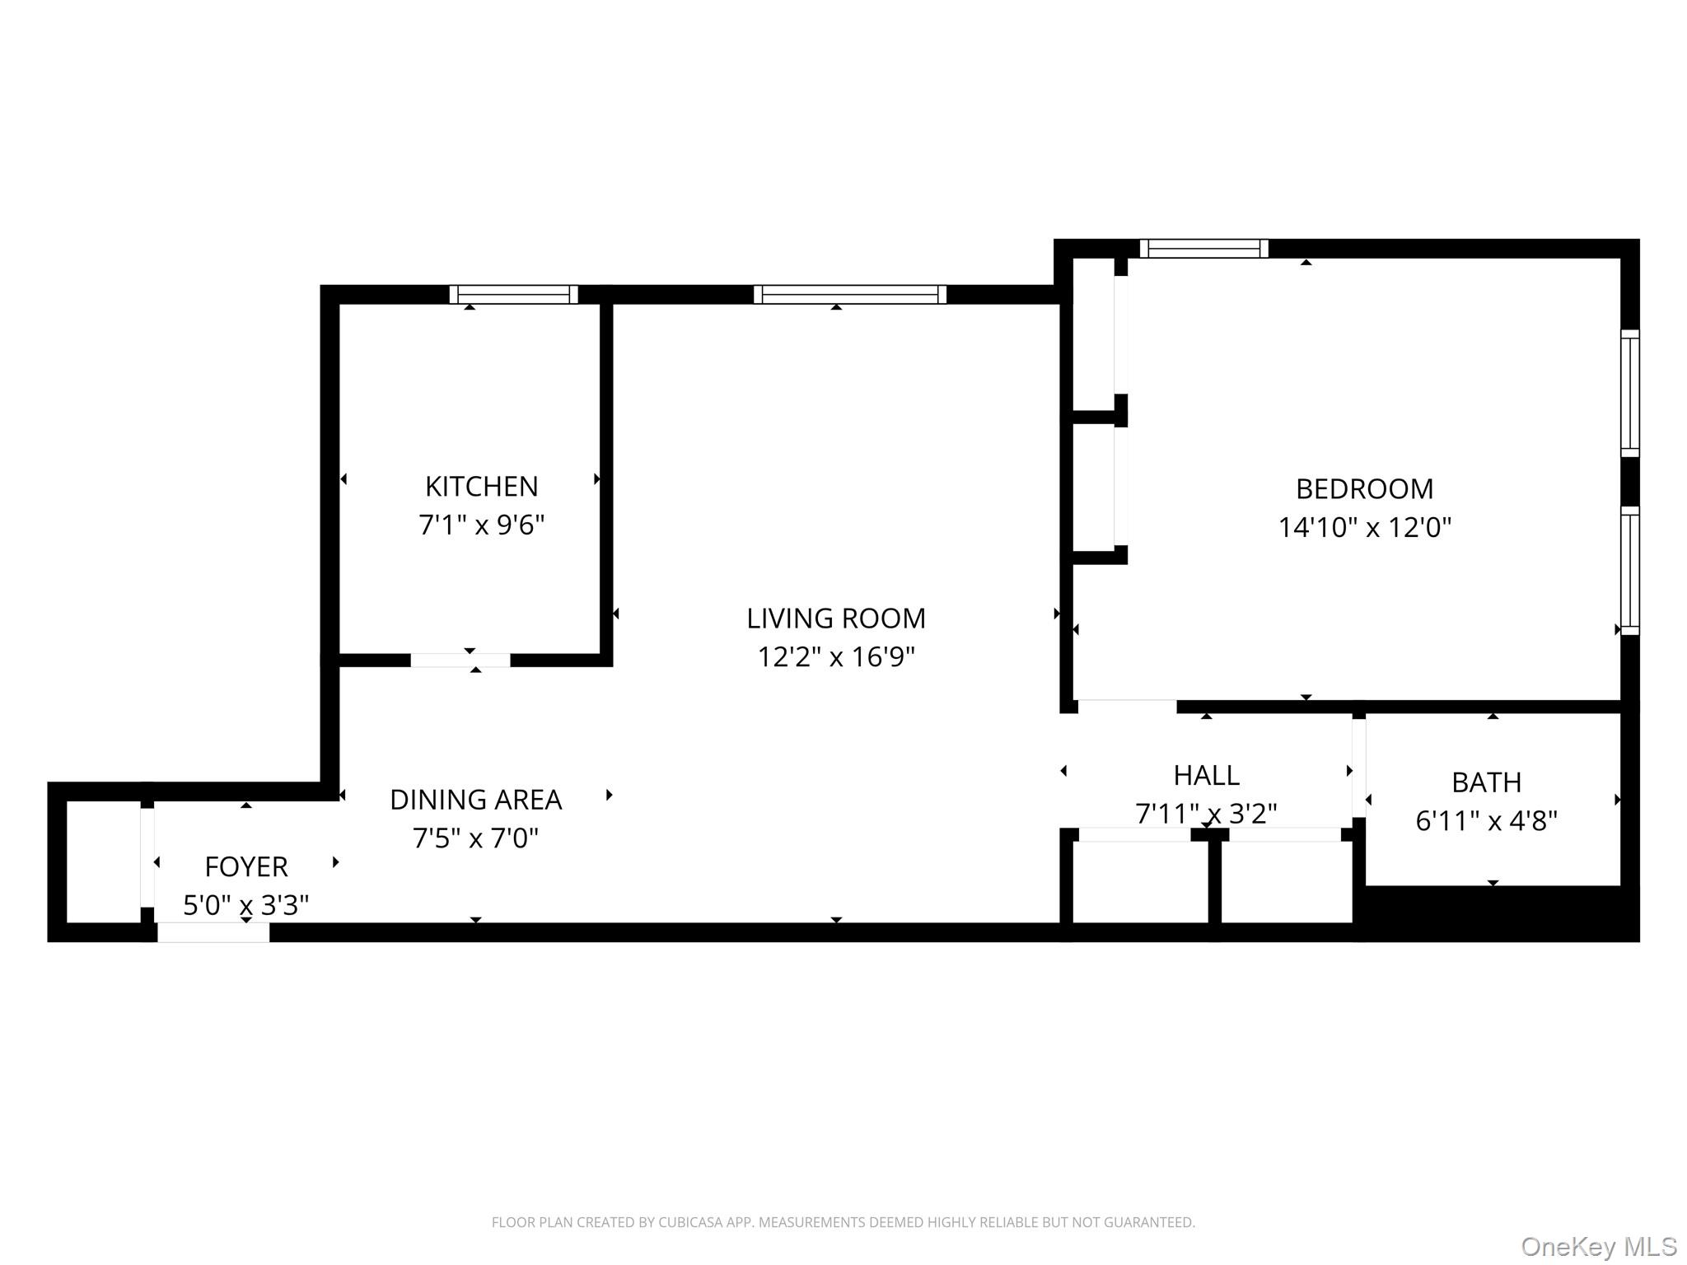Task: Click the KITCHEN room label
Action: click(x=481, y=487)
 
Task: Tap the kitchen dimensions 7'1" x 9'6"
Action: click(x=481, y=525)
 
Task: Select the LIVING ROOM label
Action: click(x=835, y=618)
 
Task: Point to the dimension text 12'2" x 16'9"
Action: click(x=835, y=657)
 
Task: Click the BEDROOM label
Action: click(x=1364, y=489)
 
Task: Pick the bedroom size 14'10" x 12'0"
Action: click(x=1364, y=528)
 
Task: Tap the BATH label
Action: click(x=1486, y=782)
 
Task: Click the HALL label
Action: click(x=1206, y=776)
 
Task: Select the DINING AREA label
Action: click(x=475, y=800)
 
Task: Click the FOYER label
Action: click(x=245, y=867)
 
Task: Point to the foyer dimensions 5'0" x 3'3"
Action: click(x=245, y=906)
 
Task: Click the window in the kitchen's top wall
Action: click(x=513, y=294)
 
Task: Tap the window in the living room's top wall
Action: click(x=849, y=294)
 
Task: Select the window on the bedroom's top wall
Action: click(x=1203, y=248)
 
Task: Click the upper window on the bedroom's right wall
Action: click(x=1629, y=393)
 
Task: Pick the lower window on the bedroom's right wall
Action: click(x=1629, y=570)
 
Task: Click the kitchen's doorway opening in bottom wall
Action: click(x=460, y=660)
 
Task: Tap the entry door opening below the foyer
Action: click(x=213, y=931)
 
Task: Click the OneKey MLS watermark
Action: click(x=1598, y=1246)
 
